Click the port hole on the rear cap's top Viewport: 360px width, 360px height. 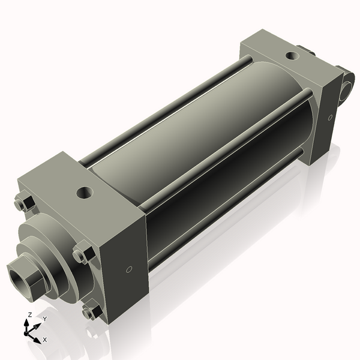[x=291, y=56]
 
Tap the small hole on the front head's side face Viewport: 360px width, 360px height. [x=129, y=270]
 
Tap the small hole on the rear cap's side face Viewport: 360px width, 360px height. [x=329, y=118]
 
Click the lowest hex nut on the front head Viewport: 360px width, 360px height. [x=90, y=312]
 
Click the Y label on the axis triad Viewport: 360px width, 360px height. [x=44, y=319]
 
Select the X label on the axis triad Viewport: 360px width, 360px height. [x=45, y=340]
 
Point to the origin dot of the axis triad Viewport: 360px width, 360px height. [x=28, y=332]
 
